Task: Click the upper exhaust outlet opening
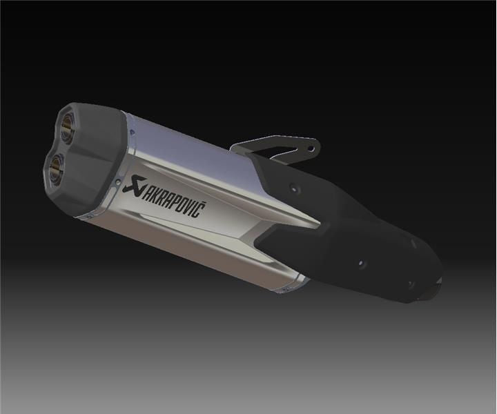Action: point(68,126)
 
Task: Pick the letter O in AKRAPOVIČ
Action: point(182,206)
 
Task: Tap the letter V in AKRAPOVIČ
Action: point(188,208)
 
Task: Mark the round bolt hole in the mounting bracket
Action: point(312,148)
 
